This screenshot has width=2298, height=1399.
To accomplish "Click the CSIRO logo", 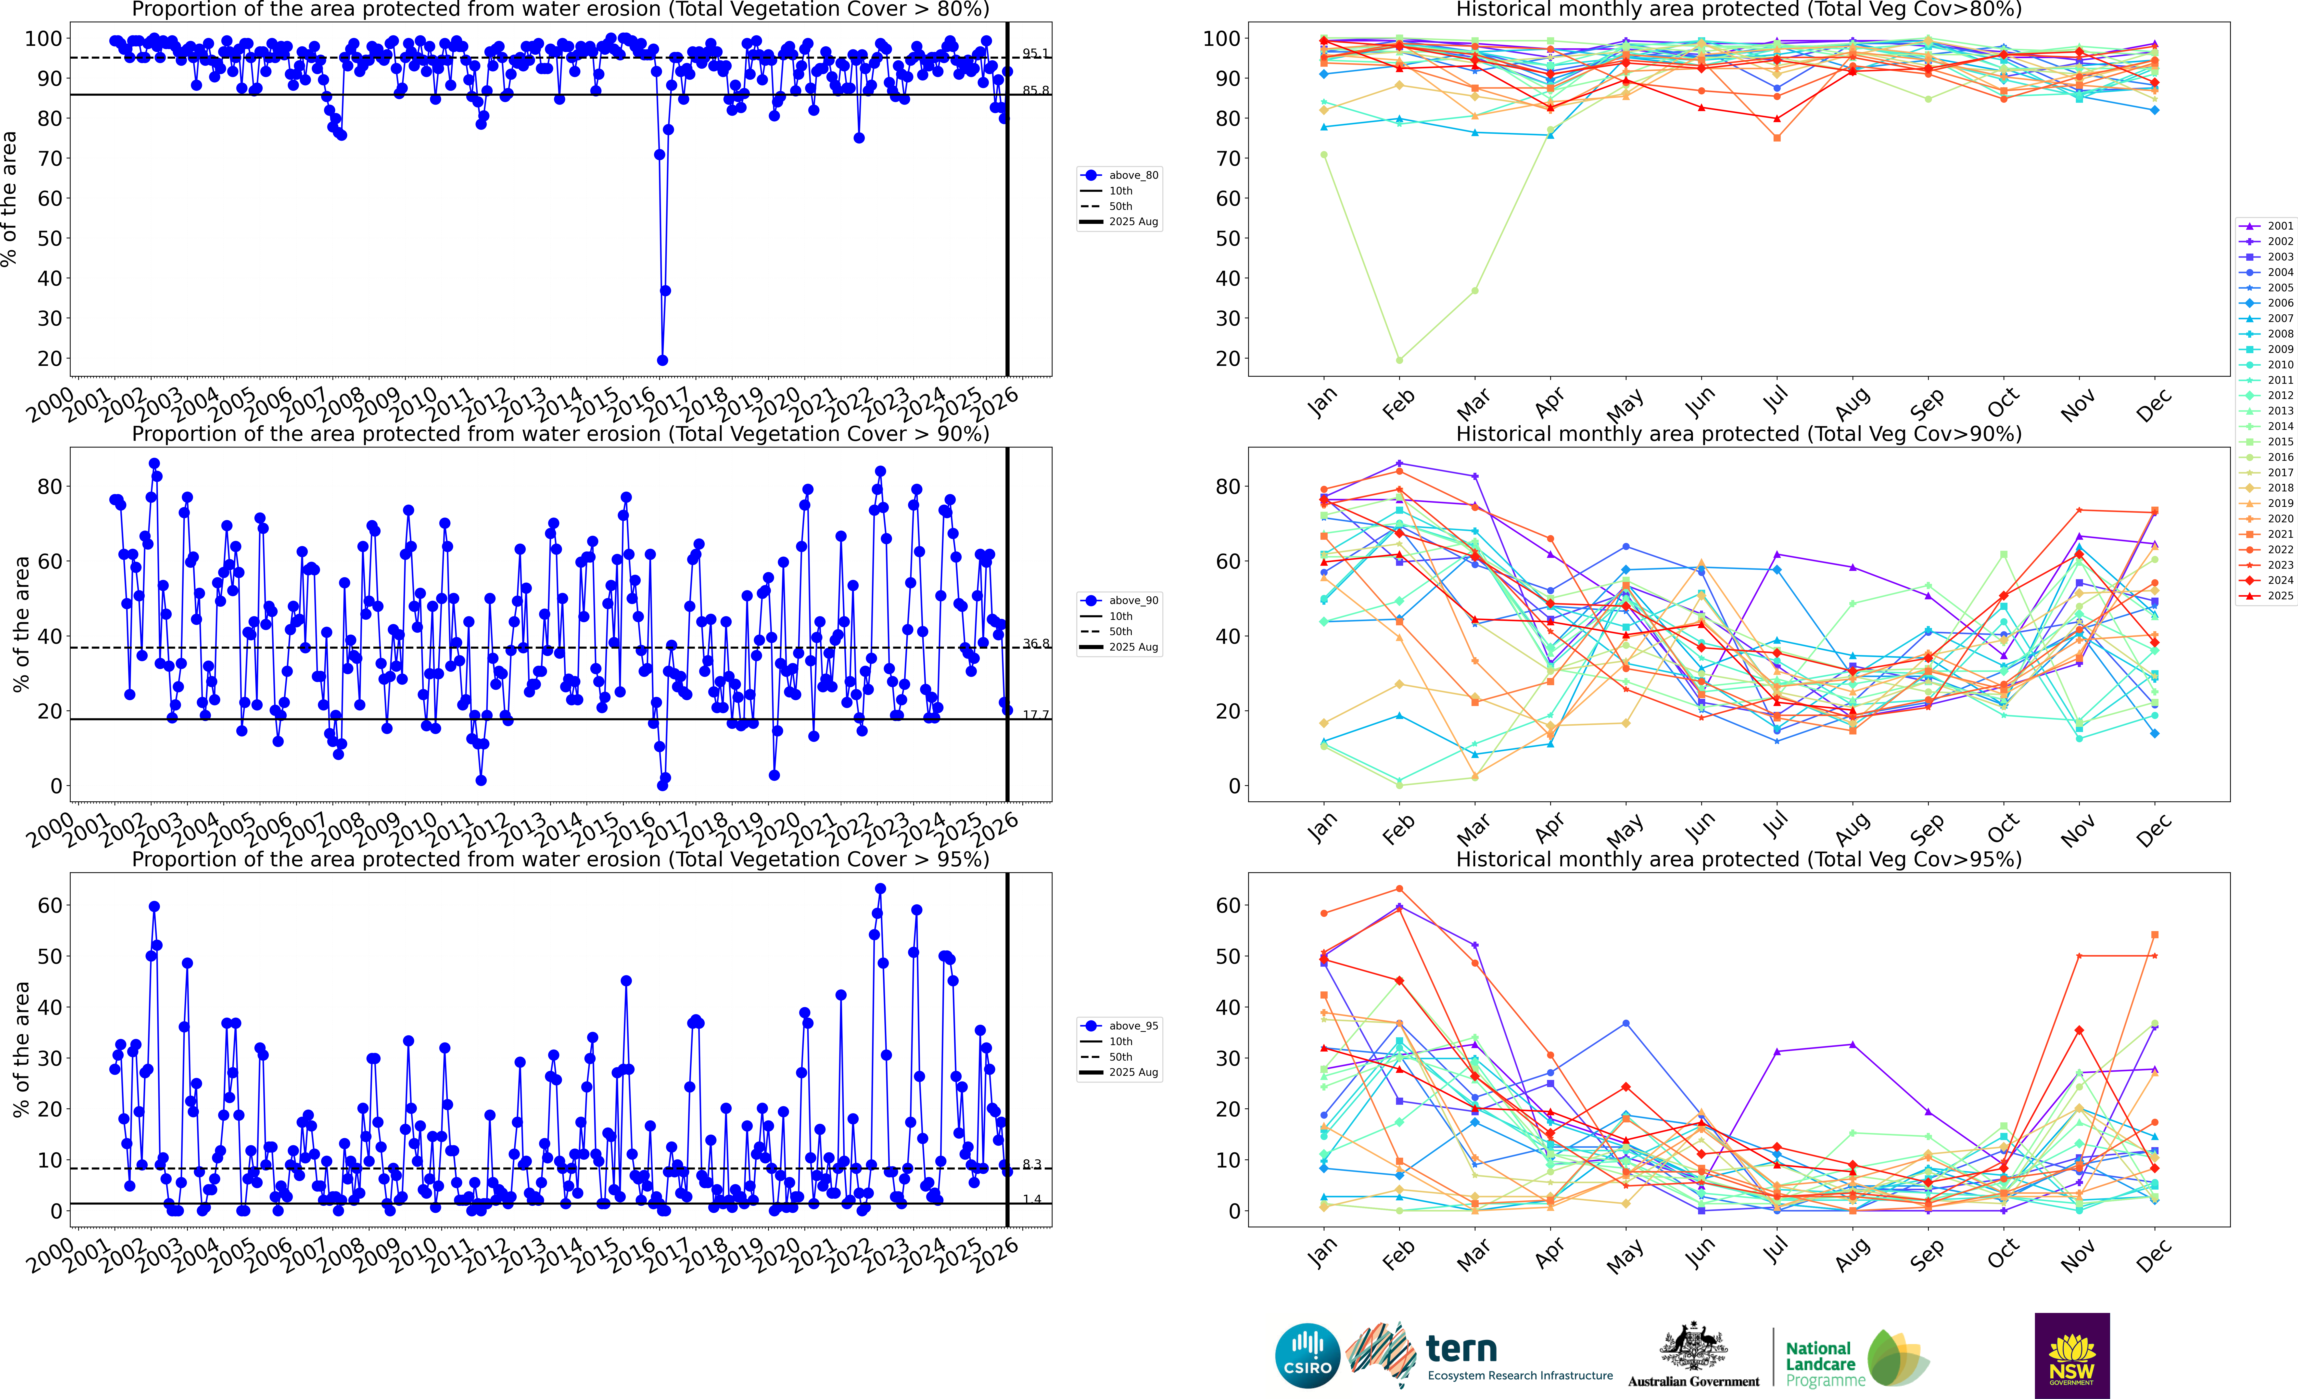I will (x=1308, y=1355).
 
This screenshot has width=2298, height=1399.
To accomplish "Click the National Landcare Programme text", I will (x=1823, y=1363).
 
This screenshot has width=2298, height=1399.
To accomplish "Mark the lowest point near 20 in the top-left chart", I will (x=662, y=360).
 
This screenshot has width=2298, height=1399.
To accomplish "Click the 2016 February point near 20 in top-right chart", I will (x=1399, y=360).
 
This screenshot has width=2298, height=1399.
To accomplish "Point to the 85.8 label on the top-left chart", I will (x=1035, y=90).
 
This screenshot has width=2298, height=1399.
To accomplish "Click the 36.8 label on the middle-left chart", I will (x=1035, y=643).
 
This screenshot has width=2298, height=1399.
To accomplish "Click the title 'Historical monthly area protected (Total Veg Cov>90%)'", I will (x=1739, y=434).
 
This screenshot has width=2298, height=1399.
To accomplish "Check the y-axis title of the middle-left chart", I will (x=21, y=624).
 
